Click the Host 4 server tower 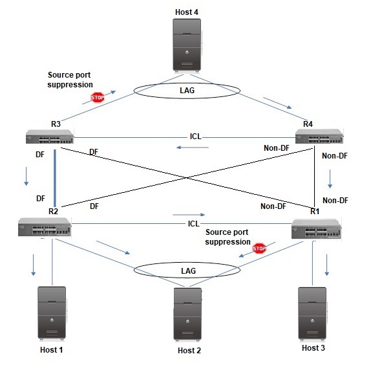(x=187, y=45)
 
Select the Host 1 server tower (x=52, y=314)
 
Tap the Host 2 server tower (x=187, y=314)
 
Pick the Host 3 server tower (x=312, y=314)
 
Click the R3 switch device (x=50, y=137)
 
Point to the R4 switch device (x=319, y=136)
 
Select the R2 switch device (x=45, y=226)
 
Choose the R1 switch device (x=316, y=228)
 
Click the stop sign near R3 (x=98, y=98)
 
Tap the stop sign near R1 (x=259, y=248)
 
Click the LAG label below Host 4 (x=187, y=91)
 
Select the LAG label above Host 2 (x=188, y=270)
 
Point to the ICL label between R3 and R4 (x=196, y=137)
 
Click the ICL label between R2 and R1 (x=194, y=224)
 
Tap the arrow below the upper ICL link (x=193, y=148)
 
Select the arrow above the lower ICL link (x=189, y=215)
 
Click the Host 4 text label (x=187, y=12)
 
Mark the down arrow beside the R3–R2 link (x=26, y=176)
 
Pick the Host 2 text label (x=189, y=350)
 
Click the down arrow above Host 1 (x=34, y=265)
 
